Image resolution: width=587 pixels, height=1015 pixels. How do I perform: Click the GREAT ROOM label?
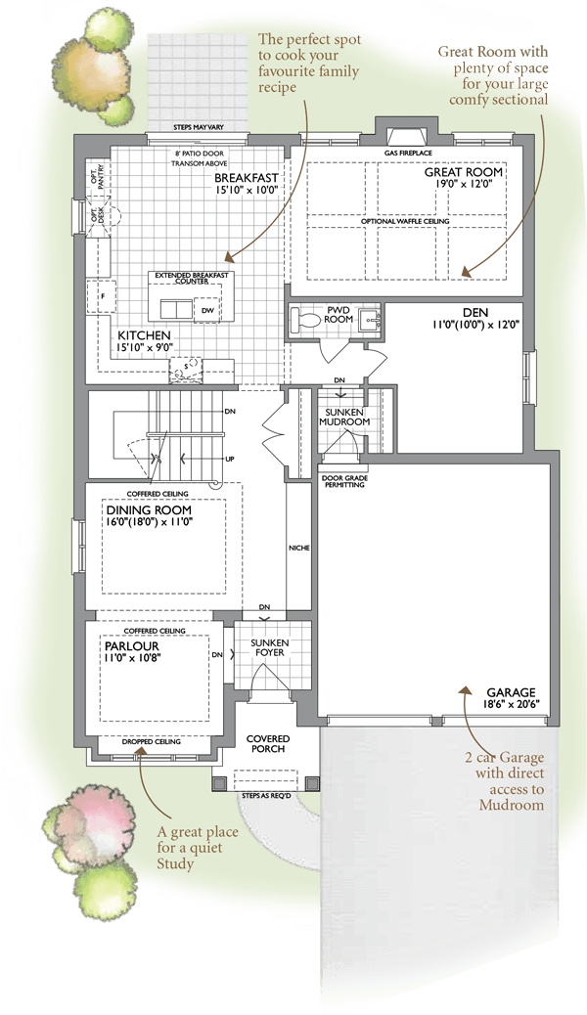(x=464, y=172)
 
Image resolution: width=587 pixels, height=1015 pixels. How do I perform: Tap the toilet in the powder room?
(x=304, y=319)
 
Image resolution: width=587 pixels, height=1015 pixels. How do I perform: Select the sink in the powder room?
(x=371, y=317)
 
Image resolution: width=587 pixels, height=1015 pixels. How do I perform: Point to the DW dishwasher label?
(x=207, y=311)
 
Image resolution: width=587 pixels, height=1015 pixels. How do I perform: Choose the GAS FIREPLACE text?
(x=408, y=153)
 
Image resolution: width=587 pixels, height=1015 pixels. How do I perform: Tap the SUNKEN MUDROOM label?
(x=344, y=417)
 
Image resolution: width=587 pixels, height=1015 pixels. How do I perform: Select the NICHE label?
(x=298, y=548)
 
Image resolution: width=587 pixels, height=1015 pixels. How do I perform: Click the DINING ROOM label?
(x=149, y=510)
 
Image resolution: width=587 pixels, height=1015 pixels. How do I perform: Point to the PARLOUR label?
(x=131, y=646)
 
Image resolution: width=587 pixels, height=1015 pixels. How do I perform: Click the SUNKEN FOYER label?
(x=269, y=647)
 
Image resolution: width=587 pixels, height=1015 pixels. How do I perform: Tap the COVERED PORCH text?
(x=268, y=744)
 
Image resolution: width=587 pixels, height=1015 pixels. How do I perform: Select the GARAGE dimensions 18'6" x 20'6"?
(x=512, y=704)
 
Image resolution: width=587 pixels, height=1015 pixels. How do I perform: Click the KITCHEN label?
(x=144, y=335)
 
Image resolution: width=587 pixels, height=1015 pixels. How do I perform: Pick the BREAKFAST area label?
(x=247, y=178)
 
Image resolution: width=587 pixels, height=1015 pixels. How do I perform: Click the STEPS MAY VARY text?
(x=199, y=127)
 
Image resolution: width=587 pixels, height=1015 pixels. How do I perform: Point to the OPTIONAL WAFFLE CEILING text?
(x=405, y=221)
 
